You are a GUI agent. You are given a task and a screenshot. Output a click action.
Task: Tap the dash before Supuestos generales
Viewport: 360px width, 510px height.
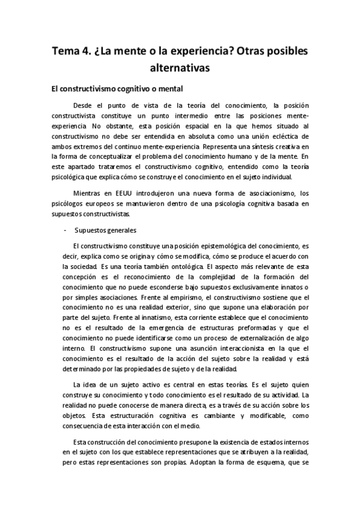64,230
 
